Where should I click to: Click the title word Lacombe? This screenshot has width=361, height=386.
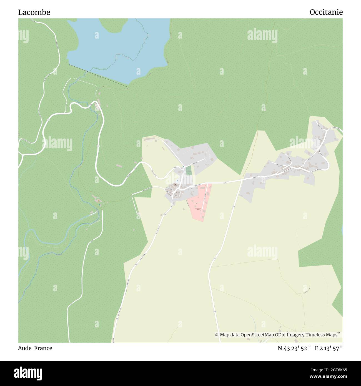click(x=34, y=12)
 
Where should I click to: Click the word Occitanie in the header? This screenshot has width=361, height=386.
click(x=326, y=12)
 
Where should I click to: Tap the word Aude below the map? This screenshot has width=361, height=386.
click(x=25, y=348)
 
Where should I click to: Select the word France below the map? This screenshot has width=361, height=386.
click(x=43, y=348)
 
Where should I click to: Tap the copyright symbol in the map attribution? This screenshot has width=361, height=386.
click(x=217, y=335)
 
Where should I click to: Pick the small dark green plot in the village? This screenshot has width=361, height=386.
click(x=189, y=170)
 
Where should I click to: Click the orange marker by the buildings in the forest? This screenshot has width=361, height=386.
click(x=98, y=200)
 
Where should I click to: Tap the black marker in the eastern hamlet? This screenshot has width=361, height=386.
click(x=300, y=167)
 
